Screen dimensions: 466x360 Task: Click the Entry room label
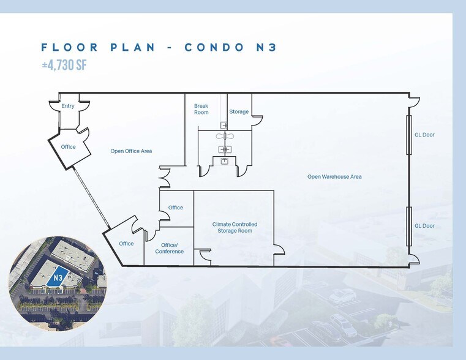tap(68, 106)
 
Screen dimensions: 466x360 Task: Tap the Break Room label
tap(201, 109)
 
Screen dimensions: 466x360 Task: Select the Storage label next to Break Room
tap(239, 111)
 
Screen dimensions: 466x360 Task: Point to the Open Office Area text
tap(131, 151)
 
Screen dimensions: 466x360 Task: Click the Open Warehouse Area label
tap(334, 177)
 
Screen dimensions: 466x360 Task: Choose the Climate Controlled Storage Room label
tap(235, 228)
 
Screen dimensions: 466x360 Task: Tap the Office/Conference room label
tap(170, 248)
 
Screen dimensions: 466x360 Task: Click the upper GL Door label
tap(424, 135)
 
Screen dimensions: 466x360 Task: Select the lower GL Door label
tap(424, 226)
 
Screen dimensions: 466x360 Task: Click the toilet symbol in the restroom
tap(225, 137)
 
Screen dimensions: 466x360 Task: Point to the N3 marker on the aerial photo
tap(58, 278)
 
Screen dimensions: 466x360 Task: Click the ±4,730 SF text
tap(64, 65)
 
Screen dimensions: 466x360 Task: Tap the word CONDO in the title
tap(214, 47)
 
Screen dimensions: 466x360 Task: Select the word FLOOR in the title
tap(70, 47)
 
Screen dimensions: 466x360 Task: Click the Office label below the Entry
tap(68, 147)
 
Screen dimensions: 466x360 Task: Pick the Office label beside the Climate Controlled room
tap(175, 208)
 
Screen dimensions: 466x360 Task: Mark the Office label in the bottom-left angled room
tap(126, 244)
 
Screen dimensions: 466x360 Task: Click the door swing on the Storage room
tap(257, 120)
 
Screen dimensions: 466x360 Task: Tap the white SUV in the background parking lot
tap(342, 296)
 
